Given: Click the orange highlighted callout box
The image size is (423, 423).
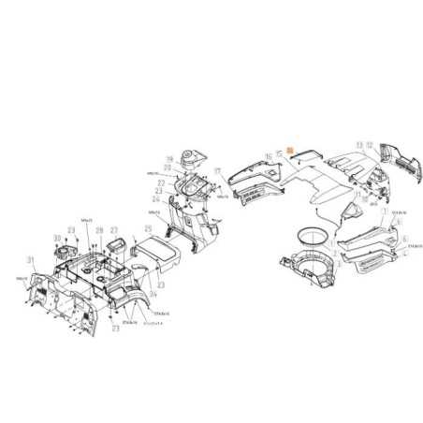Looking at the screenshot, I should [290, 150].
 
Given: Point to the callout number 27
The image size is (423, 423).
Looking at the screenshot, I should [114, 230].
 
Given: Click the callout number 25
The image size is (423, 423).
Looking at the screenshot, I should [148, 228].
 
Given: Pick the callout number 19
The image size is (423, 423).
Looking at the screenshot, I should [169, 158].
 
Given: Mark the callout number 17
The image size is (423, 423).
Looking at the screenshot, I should [217, 171].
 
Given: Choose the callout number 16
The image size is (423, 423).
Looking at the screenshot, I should [269, 155].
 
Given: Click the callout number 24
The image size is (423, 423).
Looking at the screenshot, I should [155, 199].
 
